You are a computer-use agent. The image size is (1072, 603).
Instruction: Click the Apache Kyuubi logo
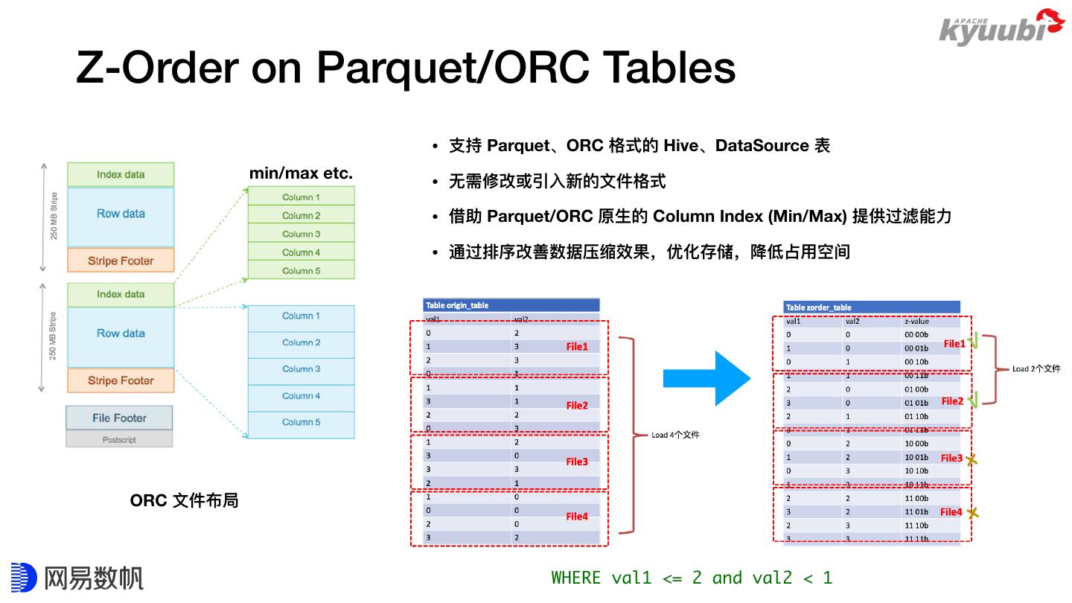click(x=1001, y=28)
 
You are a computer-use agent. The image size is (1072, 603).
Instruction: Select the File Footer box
click(x=119, y=418)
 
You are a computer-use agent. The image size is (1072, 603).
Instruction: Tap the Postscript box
click(x=119, y=440)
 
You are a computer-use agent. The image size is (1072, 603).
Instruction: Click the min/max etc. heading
click(x=301, y=173)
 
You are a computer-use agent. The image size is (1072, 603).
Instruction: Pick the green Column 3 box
click(x=301, y=234)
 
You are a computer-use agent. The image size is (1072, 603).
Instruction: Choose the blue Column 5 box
click(x=301, y=422)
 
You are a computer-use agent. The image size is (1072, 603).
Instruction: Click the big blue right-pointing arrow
click(x=706, y=378)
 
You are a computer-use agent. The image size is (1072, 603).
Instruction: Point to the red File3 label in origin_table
click(x=577, y=462)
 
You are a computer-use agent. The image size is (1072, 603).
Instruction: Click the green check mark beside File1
click(x=973, y=343)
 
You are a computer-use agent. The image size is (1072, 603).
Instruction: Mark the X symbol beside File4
click(x=971, y=512)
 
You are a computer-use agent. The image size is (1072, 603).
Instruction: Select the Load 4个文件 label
click(x=675, y=435)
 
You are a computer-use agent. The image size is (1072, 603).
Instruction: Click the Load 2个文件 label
click(x=1036, y=368)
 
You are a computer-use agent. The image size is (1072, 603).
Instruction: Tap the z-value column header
click(x=916, y=322)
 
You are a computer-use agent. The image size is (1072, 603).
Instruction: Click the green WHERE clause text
click(x=692, y=578)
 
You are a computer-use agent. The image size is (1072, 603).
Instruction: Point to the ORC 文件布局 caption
click(x=184, y=500)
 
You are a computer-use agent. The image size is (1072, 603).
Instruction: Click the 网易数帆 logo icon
click(x=24, y=578)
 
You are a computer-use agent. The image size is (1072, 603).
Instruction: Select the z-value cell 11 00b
click(x=916, y=498)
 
